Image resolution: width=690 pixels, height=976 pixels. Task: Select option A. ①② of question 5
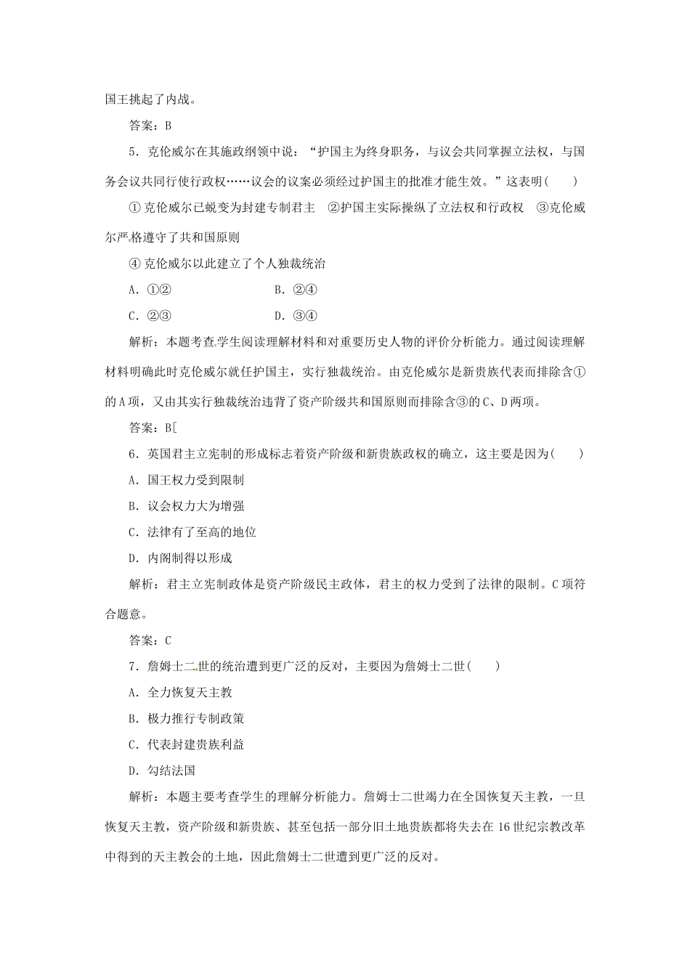tap(149, 290)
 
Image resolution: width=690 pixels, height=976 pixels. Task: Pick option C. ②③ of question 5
tap(149, 315)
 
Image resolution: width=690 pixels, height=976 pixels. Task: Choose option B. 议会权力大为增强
tap(186, 506)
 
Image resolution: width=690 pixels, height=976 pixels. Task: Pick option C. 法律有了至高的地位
tap(192, 532)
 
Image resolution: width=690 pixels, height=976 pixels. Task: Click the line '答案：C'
tap(150, 640)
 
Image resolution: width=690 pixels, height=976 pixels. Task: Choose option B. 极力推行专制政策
tap(186, 718)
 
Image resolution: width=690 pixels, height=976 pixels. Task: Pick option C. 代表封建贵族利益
tap(186, 744)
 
